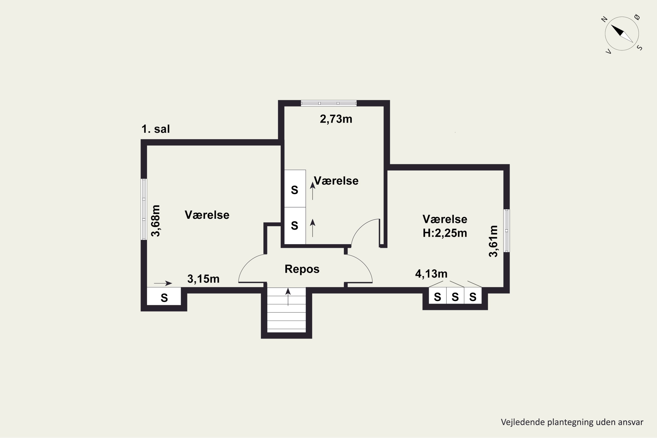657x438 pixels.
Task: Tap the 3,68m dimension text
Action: (155, 221)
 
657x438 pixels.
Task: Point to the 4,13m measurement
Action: (431, 274)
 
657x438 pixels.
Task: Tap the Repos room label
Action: (302, 269)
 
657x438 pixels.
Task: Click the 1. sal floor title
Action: (155, 129)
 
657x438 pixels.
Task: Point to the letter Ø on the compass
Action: (637, 17)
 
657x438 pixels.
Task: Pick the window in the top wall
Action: (329, 103)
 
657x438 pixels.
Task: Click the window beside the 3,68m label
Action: (144, 209)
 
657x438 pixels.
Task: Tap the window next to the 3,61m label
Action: (506, 231)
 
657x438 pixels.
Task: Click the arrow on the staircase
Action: (288, 297)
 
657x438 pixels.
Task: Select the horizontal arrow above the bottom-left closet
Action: (163, 283)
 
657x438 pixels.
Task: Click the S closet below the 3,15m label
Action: (164, 296)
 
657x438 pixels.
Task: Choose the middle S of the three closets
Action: (455, 295)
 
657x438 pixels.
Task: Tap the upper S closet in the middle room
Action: (295, 189)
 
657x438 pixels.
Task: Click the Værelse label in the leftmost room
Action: (207, 215)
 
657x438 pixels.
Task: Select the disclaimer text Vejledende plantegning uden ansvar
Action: (572, 422)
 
